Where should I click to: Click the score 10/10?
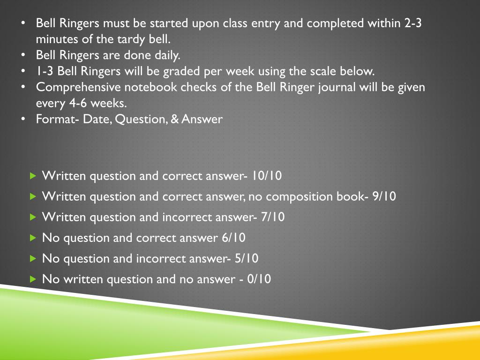coord(266,176)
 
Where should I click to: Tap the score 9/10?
coord(384,196)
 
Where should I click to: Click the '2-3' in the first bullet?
coord(412,23)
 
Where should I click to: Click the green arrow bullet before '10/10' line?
coord(32,176)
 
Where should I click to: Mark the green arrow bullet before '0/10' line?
coord(32,279)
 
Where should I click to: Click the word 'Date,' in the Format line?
coord(97,119)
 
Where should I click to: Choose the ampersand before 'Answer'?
coord(174,119)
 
